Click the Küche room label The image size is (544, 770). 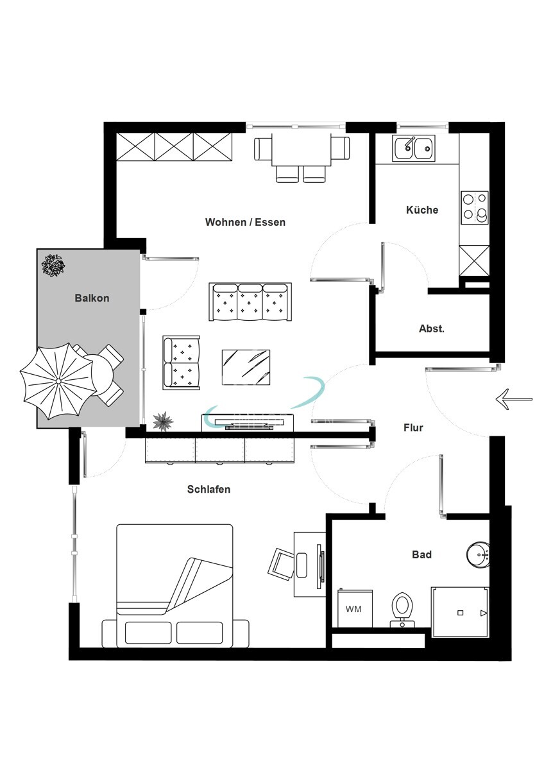[422, 210]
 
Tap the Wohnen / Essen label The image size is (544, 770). [245, 222]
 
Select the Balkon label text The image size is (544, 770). [92, 298]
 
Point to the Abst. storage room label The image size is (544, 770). [432, 329]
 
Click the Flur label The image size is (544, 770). [413, 427]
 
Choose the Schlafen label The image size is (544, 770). [208, 489]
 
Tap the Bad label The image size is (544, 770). [421, 554]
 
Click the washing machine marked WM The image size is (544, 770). [355, 608]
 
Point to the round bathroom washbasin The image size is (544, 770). [478, 554]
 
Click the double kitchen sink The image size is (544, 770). [414, 148]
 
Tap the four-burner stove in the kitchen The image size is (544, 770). [475, 208]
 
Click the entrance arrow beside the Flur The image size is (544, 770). [514, 399]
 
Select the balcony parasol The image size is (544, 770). [58, 381]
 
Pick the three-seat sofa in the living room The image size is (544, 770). [250, 302]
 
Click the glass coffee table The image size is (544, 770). [246, 367]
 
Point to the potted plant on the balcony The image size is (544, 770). [53, 265]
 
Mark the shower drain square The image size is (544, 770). [461, 613]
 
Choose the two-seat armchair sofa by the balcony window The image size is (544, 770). [181, 363]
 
